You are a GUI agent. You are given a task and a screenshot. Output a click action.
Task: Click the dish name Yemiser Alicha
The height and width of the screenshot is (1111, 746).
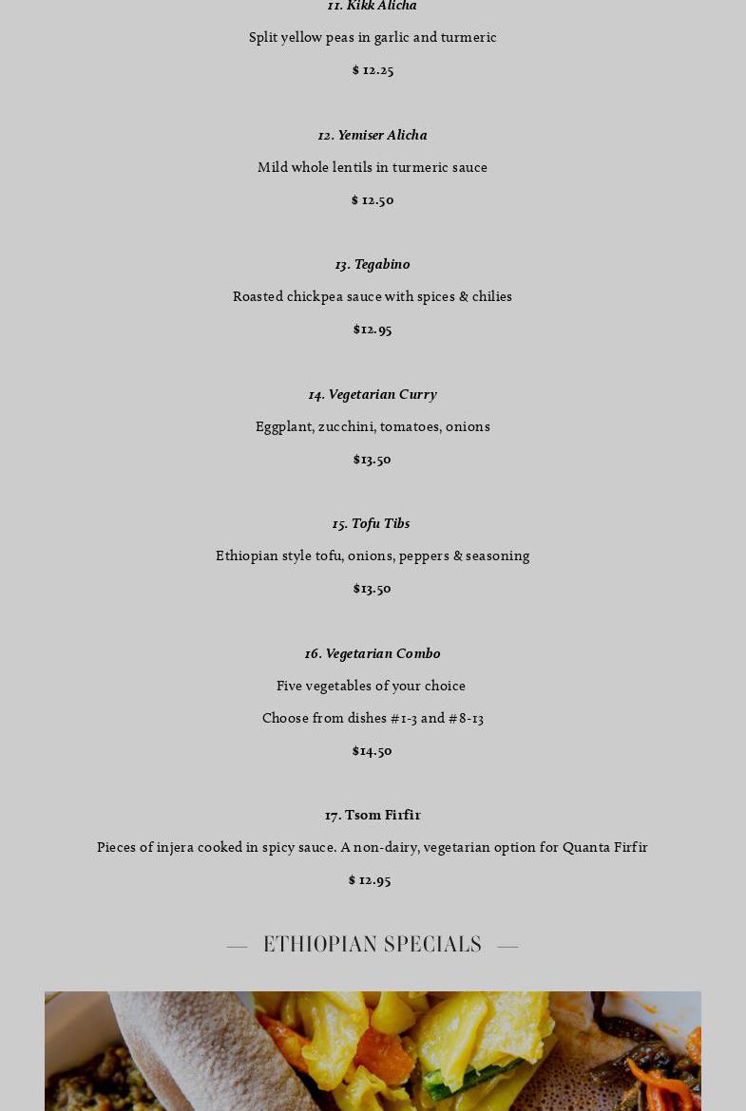tap(373, 135)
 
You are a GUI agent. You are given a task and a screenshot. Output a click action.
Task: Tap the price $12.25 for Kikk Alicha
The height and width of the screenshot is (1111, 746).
tap(373, 69)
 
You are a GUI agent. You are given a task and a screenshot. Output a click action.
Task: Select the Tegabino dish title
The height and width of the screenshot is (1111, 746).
tap(373, 264)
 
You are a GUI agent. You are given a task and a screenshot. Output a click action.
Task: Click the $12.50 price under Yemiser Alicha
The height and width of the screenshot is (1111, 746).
tap(373, 199)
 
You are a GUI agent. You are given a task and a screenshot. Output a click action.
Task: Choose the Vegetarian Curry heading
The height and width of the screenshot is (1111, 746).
tap(373, 394)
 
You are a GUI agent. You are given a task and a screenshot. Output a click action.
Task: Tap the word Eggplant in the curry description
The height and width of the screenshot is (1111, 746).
tap(284, 427)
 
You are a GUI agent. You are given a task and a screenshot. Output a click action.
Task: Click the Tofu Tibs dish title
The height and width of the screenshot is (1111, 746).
tap(372, 523)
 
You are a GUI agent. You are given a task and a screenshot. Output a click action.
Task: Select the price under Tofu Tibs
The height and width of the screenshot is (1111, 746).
tap(372, 589)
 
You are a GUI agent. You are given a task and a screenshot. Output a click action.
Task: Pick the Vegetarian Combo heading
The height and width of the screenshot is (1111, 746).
tap(373, 653)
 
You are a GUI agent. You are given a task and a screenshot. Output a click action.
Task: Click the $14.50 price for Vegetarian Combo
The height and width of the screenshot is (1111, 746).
tap(372, 751)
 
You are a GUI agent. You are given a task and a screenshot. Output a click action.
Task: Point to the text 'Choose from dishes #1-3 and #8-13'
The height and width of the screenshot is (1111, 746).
tap(373, 718)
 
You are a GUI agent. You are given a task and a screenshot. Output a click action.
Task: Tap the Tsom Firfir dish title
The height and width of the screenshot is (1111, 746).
tap(373, 815)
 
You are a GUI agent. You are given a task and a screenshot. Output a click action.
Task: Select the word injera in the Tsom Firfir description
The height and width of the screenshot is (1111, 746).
tap(176, 847)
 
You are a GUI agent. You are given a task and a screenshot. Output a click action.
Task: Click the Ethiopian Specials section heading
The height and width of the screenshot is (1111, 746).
tap(373, 944)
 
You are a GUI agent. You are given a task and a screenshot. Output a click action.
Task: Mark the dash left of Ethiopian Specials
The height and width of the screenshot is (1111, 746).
tap(238, 946)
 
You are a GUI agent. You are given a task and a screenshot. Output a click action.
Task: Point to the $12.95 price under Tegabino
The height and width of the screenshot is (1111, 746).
tap(373, 330)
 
